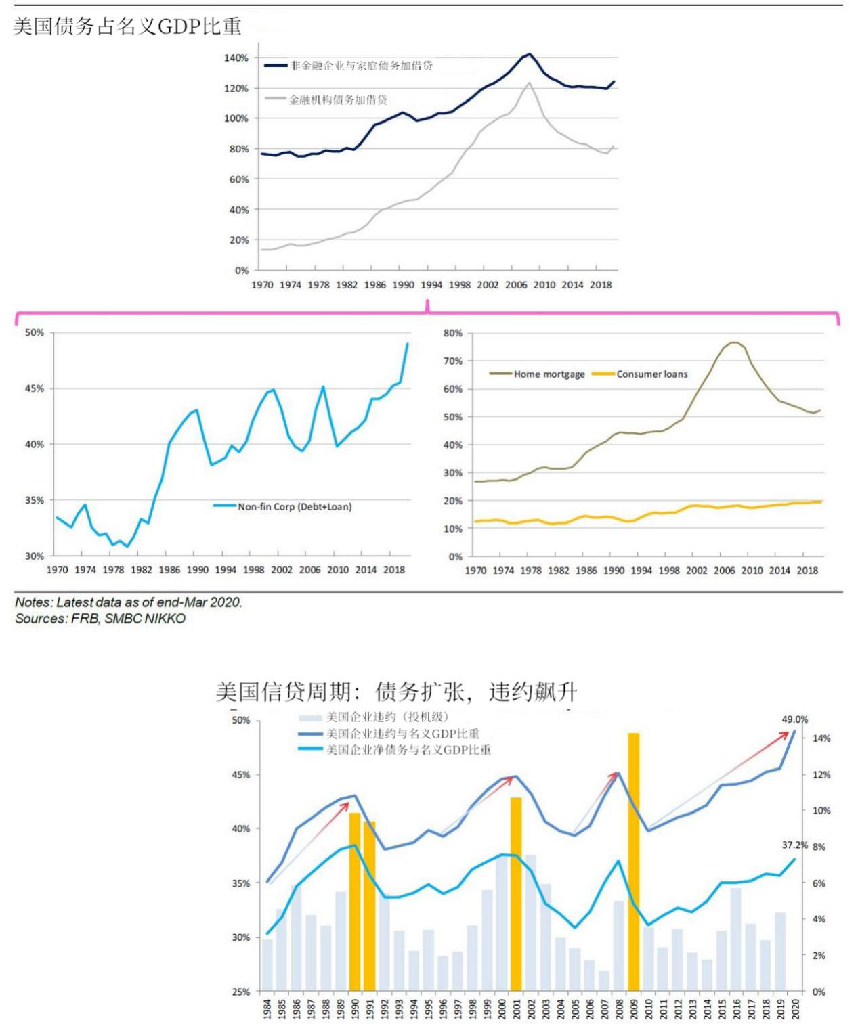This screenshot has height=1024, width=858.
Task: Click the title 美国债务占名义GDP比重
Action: point(127,26)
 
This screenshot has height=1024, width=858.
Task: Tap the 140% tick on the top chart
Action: point(236,58)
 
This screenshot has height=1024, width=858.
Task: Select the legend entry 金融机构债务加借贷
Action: point(338,99)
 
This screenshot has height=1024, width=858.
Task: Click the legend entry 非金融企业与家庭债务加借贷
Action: point(362,66)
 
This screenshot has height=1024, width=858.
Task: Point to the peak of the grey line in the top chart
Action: point(529,83)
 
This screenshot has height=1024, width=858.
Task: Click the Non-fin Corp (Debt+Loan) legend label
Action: point(295,506)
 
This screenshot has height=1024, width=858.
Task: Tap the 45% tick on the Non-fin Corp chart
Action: point(35,388)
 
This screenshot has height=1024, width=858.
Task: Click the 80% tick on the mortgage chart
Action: point(453,333)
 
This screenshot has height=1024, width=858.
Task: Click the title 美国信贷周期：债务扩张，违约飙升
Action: point(396,692)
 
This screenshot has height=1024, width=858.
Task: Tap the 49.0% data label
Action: point(794,719)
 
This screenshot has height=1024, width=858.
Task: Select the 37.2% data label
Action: point(794,845)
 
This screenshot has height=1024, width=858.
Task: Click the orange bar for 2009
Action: point(634,861)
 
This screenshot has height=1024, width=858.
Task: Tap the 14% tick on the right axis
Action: point(821,738)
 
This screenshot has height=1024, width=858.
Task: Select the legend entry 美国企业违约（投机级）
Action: point(387,717)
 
